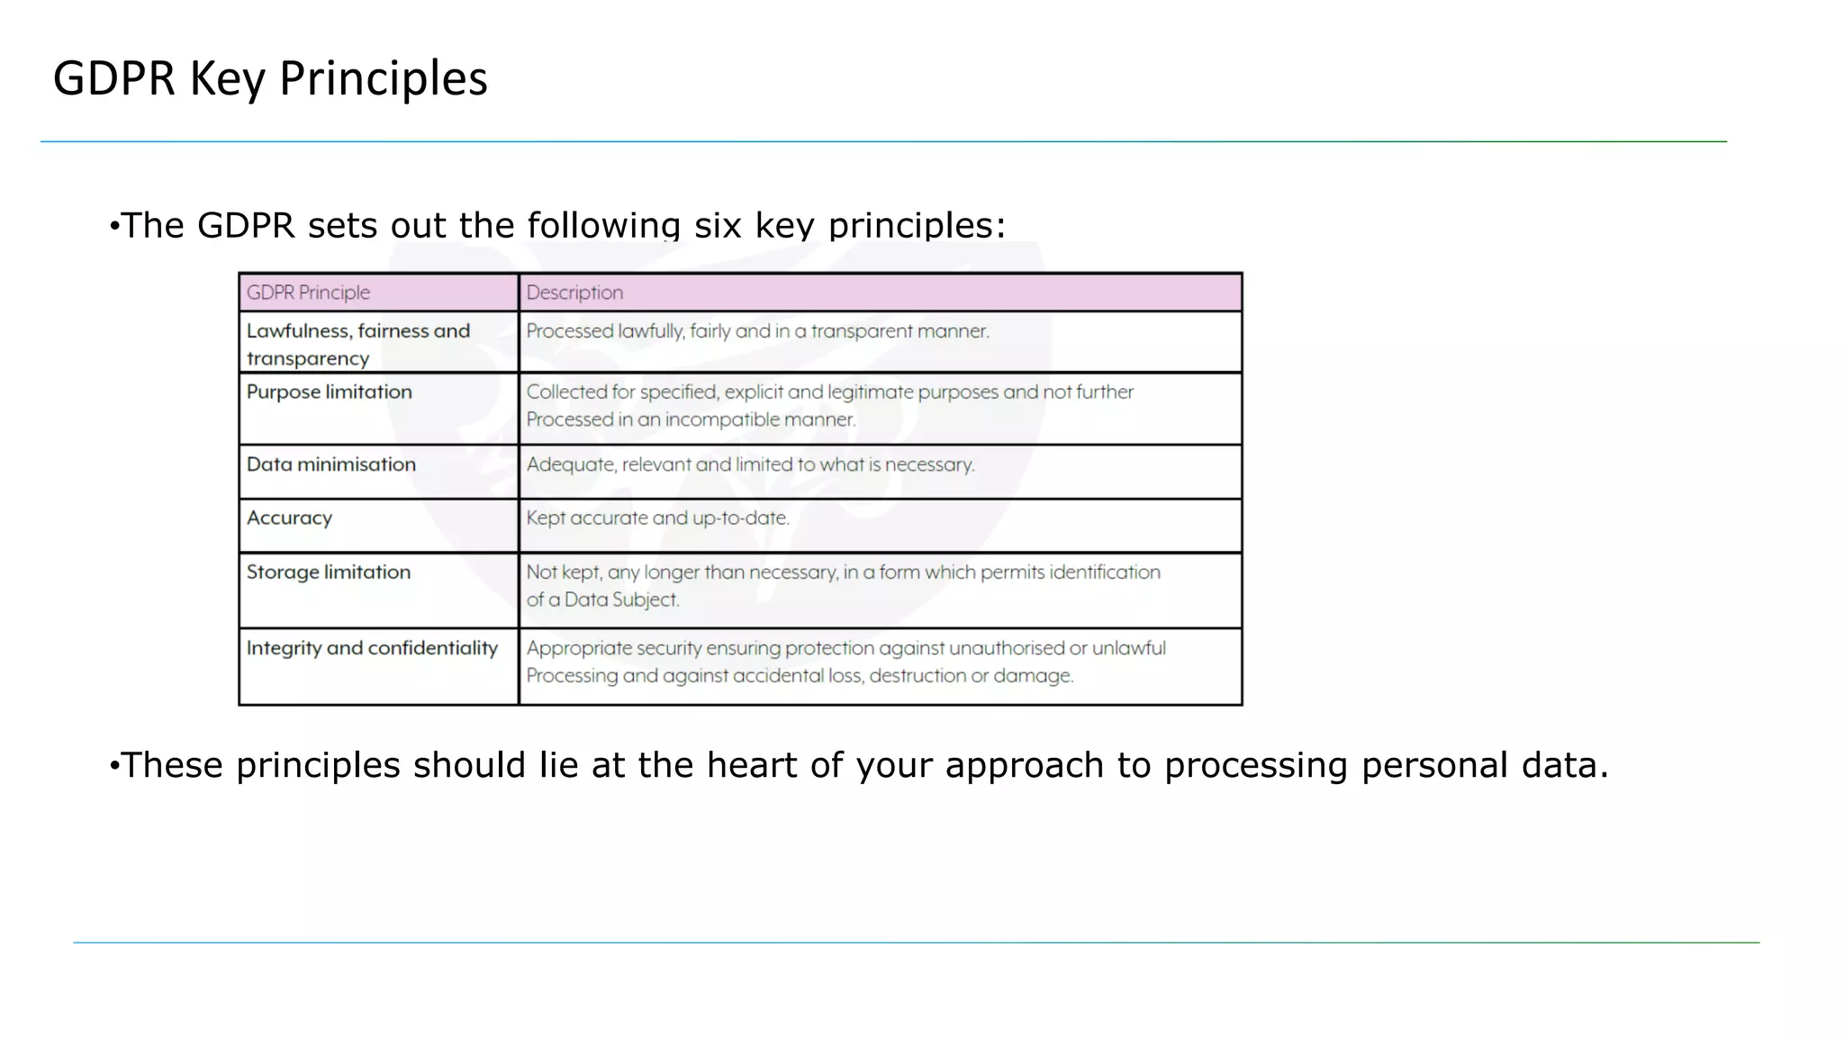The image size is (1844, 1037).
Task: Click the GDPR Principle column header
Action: click(308, 293)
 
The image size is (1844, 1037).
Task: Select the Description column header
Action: click(574, 293)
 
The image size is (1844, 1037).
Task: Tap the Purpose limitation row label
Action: click(329, 392)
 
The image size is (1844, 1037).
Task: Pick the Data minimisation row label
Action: click(330, 464)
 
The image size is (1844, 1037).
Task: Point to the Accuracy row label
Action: click(289, 518)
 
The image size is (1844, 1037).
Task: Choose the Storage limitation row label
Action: click(328, 573)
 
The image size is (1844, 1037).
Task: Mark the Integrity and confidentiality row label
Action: click(372, 648)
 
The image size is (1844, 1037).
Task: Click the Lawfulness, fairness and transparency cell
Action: click(357, 344)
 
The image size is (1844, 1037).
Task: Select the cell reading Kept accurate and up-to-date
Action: click(657, 518)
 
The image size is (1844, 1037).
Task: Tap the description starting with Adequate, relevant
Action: click(750, 464)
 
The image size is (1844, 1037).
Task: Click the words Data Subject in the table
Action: click(621, 600)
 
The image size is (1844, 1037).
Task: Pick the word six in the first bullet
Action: click(718, 226)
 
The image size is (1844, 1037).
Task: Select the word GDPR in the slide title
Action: click(113, 79)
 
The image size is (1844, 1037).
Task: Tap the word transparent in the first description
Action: click(854, 331)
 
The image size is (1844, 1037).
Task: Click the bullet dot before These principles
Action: click(113, 766)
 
